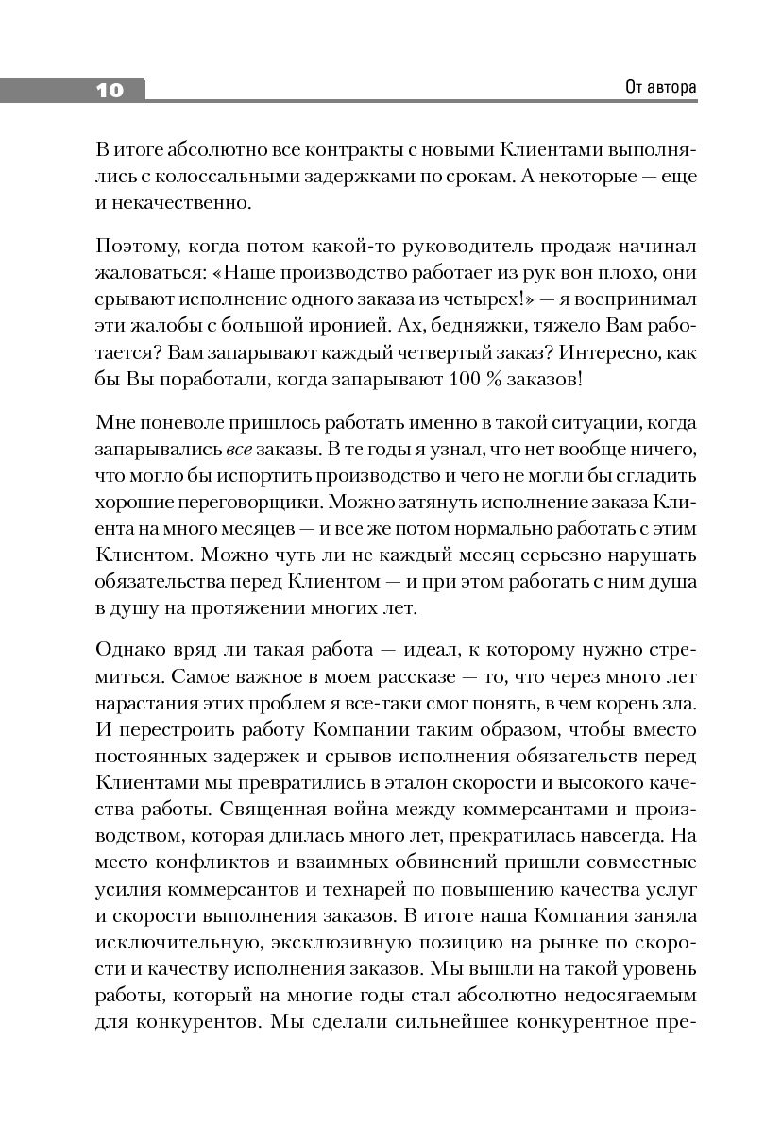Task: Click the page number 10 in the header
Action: [110, 91]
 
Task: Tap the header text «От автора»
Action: [660, 88]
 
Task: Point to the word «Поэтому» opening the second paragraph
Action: [132, 248]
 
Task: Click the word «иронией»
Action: [354, 324]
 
